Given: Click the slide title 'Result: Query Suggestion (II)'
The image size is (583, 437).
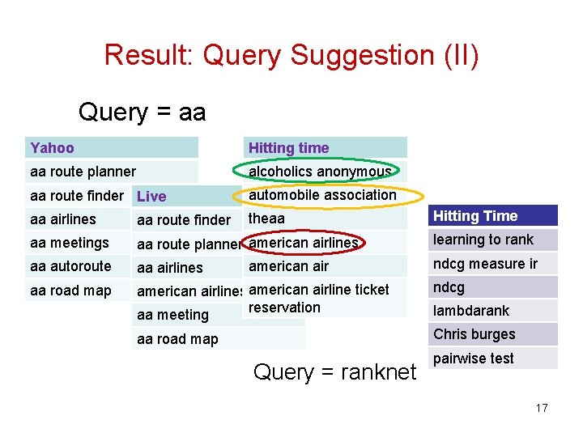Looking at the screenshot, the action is click(291, 55).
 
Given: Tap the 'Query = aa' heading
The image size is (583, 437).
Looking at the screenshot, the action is click(142, 112).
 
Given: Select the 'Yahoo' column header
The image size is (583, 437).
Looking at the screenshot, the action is click(52, 148).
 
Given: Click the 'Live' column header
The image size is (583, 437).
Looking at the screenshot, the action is click(151, 197).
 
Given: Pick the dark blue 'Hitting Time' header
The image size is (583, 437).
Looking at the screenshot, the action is click(475, 216).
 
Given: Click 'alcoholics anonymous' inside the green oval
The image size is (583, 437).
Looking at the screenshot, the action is click(320, 172).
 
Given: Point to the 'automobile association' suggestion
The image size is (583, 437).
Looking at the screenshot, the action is click(322, 195).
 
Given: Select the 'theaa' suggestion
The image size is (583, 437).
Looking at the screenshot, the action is click(266, 218).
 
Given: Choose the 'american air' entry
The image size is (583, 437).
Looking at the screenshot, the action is click(288, 266).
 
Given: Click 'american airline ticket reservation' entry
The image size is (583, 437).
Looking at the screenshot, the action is click(318, 298).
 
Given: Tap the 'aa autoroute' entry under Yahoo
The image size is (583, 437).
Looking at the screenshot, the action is click(70, 266).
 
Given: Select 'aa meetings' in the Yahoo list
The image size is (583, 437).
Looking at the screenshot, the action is click(69, 243).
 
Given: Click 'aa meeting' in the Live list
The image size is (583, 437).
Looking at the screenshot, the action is click(172, 315).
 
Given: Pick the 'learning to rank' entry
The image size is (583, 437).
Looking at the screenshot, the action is click(483, 240).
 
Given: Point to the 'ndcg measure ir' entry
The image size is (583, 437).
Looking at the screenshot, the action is click(485, 264).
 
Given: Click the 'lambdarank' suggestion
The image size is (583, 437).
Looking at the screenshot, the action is click(471, 311).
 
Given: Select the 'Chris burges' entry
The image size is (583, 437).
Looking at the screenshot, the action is click(474, 334).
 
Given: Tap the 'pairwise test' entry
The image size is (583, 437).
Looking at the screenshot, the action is click(474, 359).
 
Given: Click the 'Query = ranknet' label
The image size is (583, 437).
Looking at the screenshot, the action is click(334, 372).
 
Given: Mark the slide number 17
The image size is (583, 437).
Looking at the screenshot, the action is click(542, 408).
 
